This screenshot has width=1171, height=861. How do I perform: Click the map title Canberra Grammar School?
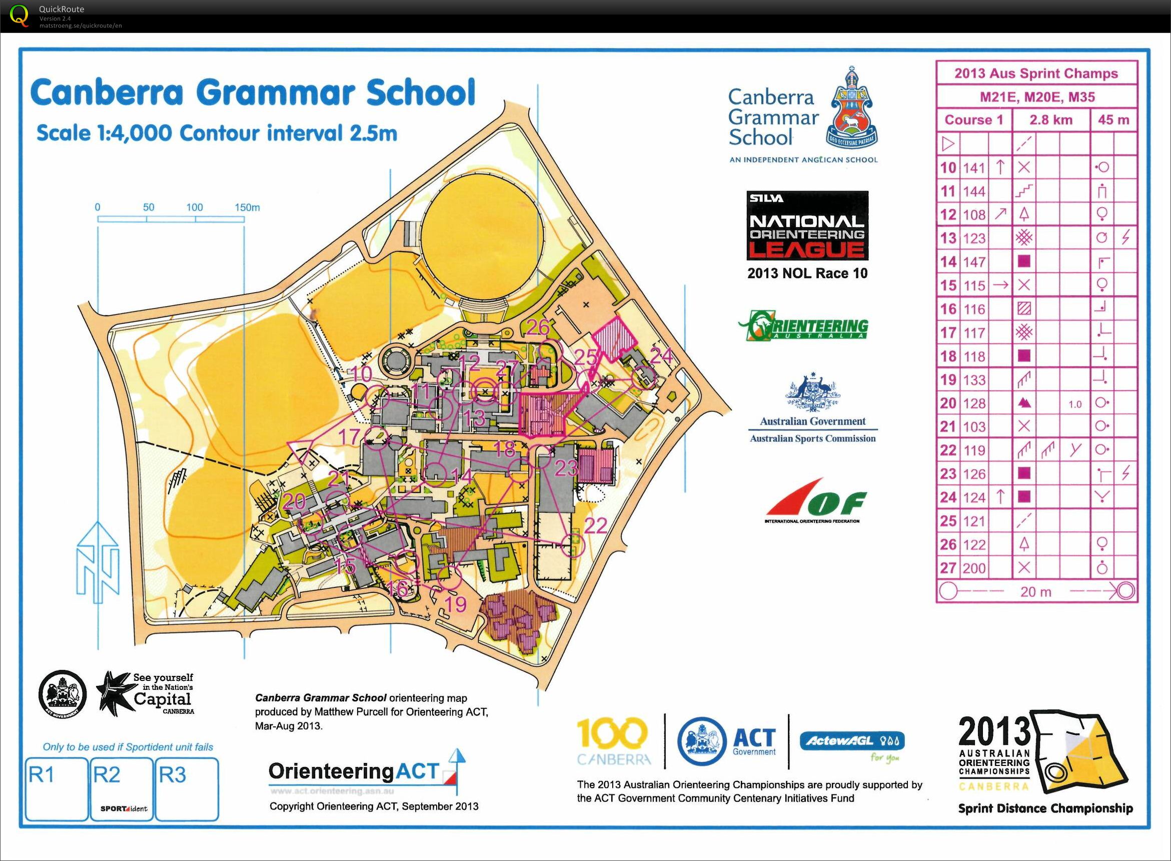pyautogui.click(x=253, y=93)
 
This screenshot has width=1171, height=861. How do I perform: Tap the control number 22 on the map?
pyautogui.click(x=595, y=526)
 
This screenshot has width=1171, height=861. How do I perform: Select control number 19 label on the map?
pyautogui.click(x=456, y=604)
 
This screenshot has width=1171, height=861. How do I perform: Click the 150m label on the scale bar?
pyautogui.click(x=247, y=208)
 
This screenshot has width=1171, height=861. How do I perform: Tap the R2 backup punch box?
pyautogui.click(x=122, y=788)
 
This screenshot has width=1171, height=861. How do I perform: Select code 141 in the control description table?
pyautogui.click(x=973, y=168)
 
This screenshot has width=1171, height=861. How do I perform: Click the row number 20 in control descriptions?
pyautogui.click(x=948, y=403)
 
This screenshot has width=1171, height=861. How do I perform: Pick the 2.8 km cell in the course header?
pyautogui.click(x=1050, y=120)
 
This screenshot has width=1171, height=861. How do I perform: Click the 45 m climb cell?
pyautogui.click(x=1113, y=120)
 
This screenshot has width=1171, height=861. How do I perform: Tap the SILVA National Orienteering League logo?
pyautogui.click(x=807, y=225)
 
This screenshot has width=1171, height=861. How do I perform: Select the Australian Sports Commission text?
pyautogui.click(x=812, y=438)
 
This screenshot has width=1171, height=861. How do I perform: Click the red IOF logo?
pyautogui.click(x=815, y=500)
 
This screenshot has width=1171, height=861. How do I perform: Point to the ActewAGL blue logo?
pyautogui.click(x=851, y=741)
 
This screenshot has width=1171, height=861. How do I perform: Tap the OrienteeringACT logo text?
pyautogui.click(x=353, y=772)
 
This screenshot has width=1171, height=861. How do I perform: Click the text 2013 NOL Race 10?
pyautogui.click(x=807, y=273)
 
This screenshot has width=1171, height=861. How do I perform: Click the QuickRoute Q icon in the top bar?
pyautogui.click(x=20, y=15)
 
